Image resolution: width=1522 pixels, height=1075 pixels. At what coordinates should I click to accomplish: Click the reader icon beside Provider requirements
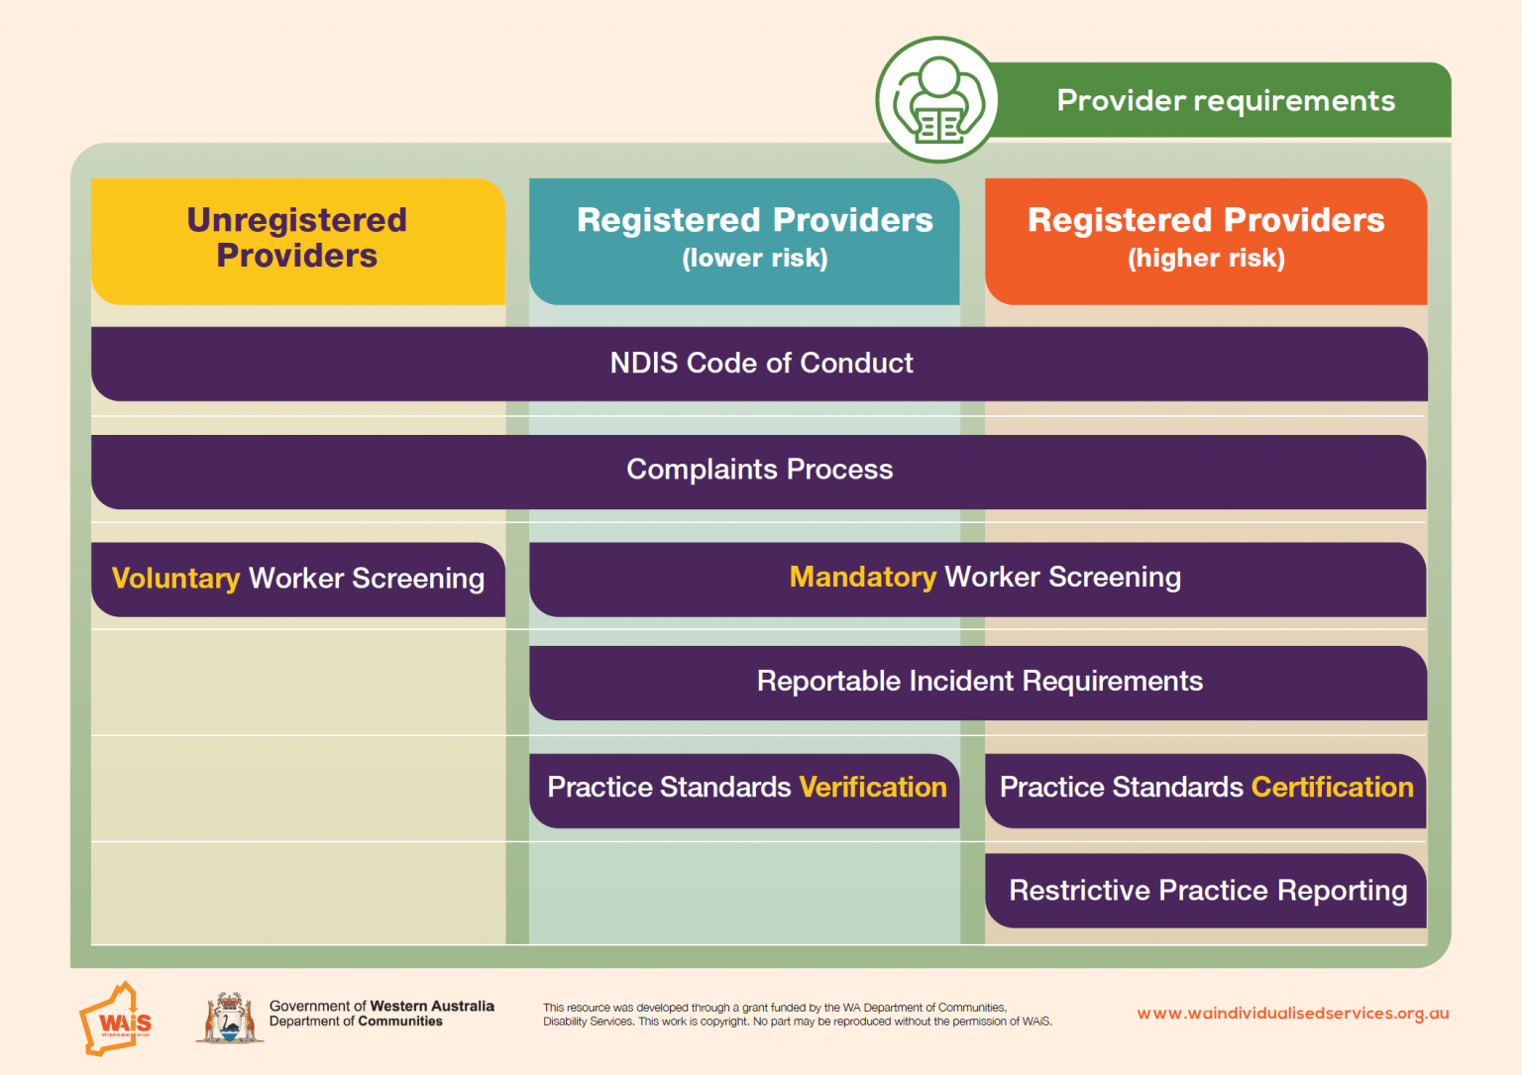click(936, 101)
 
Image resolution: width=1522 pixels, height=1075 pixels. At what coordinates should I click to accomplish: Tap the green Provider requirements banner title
click(1225, 101)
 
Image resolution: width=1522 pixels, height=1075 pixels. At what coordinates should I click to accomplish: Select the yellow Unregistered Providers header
click(297, 238)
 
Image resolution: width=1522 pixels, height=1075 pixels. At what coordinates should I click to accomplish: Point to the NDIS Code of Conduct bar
click(760, 364)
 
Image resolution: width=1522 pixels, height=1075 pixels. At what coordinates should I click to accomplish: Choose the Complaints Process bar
click(759, 470)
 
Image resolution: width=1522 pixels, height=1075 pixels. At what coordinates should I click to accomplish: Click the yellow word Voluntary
click(175, 579)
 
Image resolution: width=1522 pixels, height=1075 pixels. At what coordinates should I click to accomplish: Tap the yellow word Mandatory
click(862, 577)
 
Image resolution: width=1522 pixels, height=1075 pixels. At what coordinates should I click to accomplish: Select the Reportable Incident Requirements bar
click(979, 682)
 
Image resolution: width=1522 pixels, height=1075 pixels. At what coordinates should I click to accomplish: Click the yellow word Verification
click(873, 788)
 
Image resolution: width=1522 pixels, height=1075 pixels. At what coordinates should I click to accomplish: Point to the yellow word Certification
click(1332, 788)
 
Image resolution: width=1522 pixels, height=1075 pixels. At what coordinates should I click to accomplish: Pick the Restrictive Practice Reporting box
click(1207, 891)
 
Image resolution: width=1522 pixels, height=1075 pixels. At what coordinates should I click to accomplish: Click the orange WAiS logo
click(116, 1020)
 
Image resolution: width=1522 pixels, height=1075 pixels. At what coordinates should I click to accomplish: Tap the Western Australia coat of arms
click(230, 1018)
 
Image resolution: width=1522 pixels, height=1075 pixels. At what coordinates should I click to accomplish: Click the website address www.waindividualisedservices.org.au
click(1292, 1014)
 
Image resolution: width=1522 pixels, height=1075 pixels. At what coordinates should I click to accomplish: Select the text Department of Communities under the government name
click(356, 1021)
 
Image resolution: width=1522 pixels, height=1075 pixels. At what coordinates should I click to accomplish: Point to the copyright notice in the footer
click(797, 1015)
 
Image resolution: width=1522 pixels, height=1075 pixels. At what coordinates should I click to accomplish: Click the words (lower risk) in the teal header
click(754, 259)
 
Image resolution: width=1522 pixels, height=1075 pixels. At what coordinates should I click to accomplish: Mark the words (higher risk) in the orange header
click(1206, 259)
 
